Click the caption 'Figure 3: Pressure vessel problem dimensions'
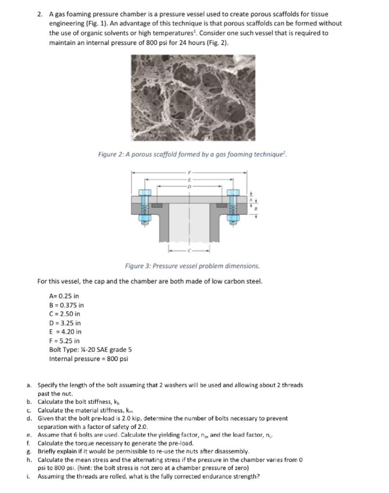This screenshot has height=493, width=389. [192, 266]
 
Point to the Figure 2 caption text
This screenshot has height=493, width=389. [192, 154]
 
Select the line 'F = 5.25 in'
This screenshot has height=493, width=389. [65, 341]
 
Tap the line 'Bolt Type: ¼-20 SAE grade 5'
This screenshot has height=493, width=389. [91, 350]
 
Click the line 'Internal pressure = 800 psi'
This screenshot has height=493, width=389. [89, 359]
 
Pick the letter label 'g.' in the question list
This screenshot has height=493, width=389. [29, 451]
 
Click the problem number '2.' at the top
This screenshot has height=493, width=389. [40, 14]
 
